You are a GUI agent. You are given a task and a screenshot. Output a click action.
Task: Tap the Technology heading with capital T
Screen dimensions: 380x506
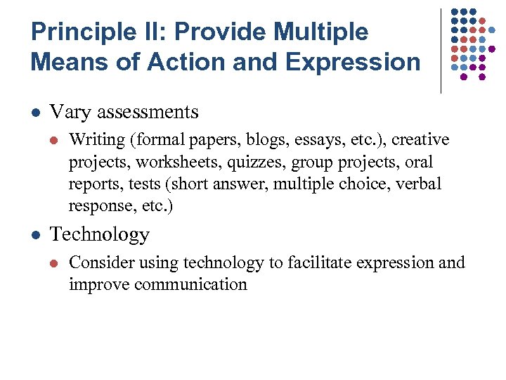click(100, 234)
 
